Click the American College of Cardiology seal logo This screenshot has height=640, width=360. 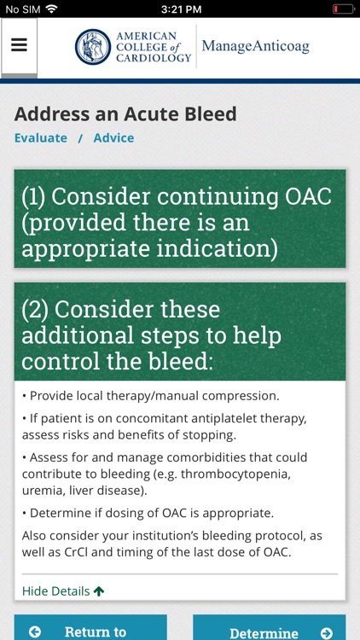click(x=93, y=47)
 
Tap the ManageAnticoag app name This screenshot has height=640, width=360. click(x=255, y=46)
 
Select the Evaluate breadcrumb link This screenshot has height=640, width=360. click(x=40, y=137)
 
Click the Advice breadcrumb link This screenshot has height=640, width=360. click(x=113, y=137)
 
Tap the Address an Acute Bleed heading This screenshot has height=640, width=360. click(x=125, y=113)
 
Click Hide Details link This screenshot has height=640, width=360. click(x=55, y=591)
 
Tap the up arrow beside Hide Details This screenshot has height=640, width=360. click(x=99, y=591)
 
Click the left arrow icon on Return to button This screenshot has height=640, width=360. click(x=35, y=632)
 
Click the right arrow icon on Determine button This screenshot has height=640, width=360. click(x=326, y=633)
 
